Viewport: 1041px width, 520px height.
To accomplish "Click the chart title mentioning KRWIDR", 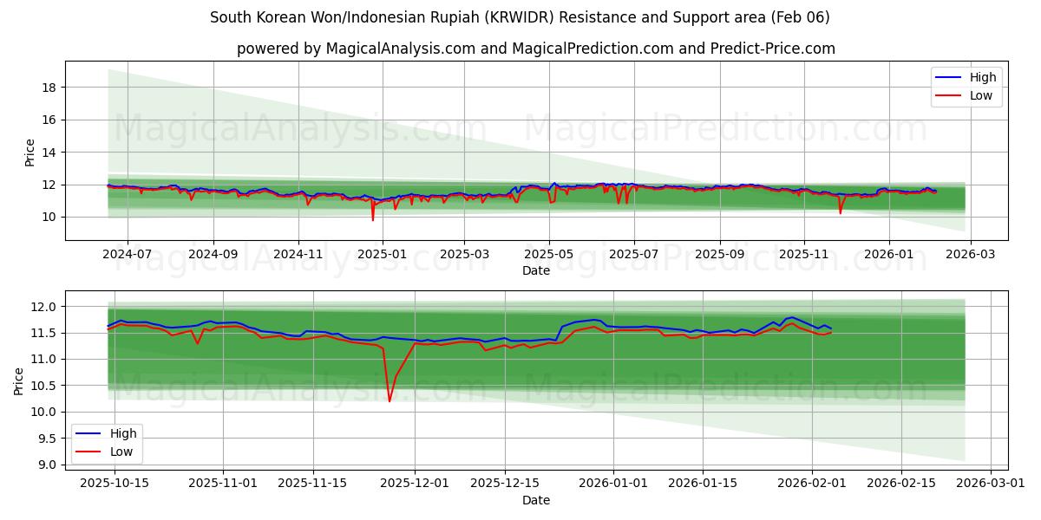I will pos(520,17).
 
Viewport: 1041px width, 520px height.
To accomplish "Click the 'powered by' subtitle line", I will pos(535,49).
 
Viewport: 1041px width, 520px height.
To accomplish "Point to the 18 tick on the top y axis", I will pos(49,88).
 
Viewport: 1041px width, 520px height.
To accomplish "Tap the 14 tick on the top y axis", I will pos(49,153).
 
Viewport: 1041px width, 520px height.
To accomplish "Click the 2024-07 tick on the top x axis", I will pos(128,255).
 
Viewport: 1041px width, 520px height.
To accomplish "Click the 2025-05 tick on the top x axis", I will pos(548,255).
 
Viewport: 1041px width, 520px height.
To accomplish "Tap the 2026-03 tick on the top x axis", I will pos(970,255).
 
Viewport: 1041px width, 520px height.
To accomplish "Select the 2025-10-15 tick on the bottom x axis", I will pos(114,484).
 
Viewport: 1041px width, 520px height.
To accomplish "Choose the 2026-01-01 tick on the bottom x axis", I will pos(613,484).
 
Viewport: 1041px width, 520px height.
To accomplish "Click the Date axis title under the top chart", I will pos(535,270).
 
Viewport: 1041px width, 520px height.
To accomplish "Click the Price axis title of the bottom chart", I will pos(19,380).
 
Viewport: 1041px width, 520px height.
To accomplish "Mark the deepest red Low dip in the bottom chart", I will pos(390,401).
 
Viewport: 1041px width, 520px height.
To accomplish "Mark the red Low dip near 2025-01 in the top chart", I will pos(373,219).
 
